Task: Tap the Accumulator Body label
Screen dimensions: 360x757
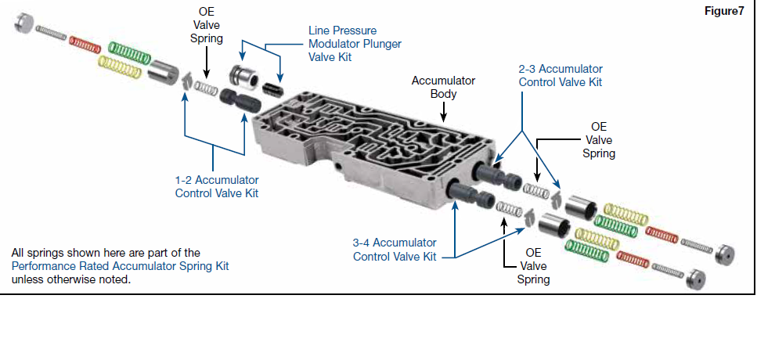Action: click(x=443, y=87)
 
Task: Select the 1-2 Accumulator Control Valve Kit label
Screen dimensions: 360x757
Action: click(x=217, y=186)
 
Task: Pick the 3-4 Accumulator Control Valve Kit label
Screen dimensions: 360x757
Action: click(x=394, y=250)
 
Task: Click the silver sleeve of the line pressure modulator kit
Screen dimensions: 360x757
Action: click(x=243, y=79)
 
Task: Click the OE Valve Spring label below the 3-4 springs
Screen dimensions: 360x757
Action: click(x=533, y=266)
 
